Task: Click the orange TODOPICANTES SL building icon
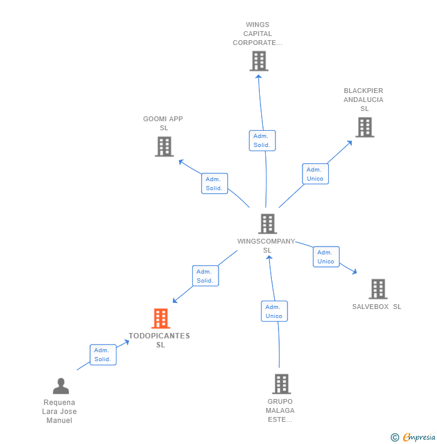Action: (160, 318)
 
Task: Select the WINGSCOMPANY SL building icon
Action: (267, 224)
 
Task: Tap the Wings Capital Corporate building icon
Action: (259, 61)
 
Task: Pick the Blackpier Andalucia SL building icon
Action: (364, 127)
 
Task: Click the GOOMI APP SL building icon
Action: (164, 146)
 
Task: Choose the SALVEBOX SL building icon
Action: (378, 289)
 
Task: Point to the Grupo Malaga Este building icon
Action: (281, 384)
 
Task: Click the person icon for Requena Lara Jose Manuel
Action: (61, 386)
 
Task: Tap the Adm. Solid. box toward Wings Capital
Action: (262, 140)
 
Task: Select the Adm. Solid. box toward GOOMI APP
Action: (214, 184)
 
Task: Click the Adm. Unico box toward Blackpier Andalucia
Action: (315, 174)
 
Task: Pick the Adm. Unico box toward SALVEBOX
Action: (326, 257)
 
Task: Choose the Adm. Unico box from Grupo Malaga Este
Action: (274, 311)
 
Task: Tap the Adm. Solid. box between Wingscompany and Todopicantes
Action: (205, 276)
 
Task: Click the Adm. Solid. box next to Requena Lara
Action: (103, 355)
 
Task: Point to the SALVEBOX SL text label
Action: (376, 307)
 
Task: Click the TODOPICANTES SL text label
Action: (160, 340)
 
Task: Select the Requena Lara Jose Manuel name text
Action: (59, 412)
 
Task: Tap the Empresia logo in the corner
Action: (412, 437)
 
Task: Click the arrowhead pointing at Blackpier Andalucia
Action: (350, 143)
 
